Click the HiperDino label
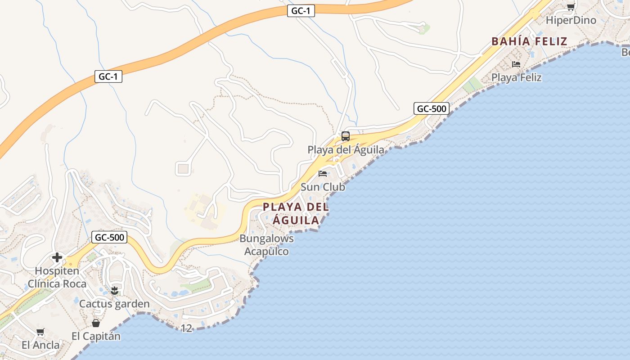click(571, 20)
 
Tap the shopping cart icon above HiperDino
click(571, 7)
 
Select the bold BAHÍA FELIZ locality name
click(529, 41)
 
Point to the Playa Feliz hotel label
click(516, 77)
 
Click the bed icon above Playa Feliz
click(516, 64)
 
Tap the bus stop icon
click(345, 136)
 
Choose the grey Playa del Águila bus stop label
click(346, 150)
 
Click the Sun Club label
click(323, 187)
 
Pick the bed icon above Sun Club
click(323, 174)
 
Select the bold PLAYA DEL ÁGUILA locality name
click(296, 214)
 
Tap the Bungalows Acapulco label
click(266, 245)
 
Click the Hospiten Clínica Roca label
click(57, 277)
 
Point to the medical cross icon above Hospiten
click(57, 257)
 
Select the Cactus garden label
click(114, 304)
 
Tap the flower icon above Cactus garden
click(114, 291)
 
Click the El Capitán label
click(96, 336)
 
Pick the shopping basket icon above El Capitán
click(96, 323)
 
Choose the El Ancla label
click(40, 345)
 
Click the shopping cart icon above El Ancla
click(40, 332)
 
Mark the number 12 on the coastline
click(186, 328)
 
